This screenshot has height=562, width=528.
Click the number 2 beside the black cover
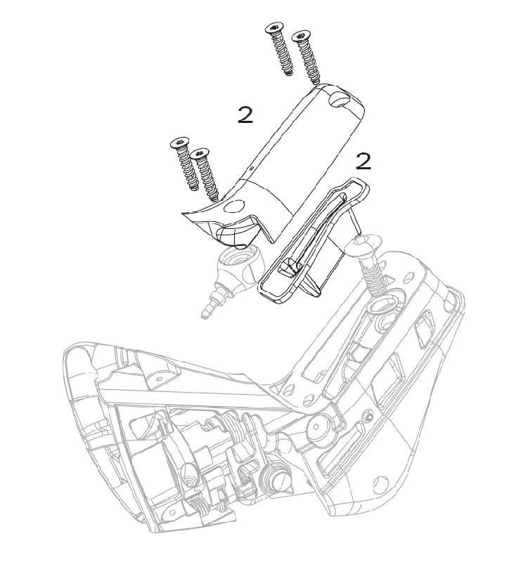pos(245,115)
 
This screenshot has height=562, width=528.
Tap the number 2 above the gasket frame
pos(363,162)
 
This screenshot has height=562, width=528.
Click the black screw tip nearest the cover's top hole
pos(316,82)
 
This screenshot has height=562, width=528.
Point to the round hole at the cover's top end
pos(339,99)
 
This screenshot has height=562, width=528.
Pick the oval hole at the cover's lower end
pos(233,206)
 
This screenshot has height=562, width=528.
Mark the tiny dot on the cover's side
pos(252,167)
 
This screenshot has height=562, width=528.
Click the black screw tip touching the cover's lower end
pos(214,197)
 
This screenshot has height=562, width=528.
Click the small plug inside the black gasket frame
pos(290,267)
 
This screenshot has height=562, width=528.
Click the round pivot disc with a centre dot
pos(316,427)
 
